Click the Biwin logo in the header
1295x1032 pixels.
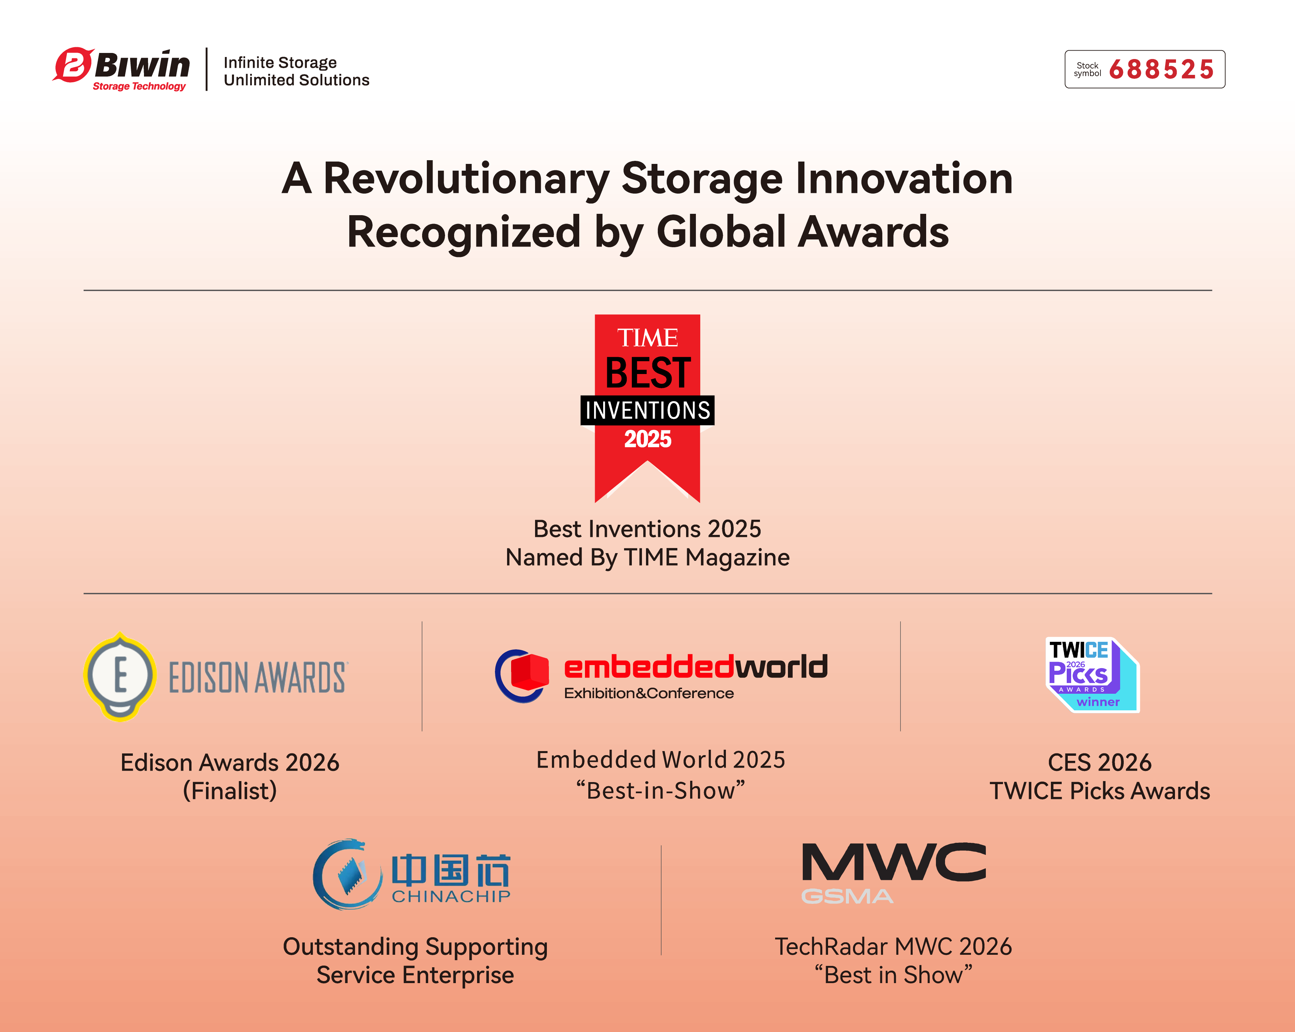121,69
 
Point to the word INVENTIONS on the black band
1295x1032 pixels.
647,410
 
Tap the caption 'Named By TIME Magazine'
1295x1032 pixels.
647,557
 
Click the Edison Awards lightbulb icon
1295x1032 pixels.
120,677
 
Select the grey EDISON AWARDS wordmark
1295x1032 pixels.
258,678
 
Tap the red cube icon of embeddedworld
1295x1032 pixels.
529,671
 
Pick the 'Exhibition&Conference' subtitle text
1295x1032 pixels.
649,693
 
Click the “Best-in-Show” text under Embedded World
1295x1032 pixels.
661,791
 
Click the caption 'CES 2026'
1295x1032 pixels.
1100,762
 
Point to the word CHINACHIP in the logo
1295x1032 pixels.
451,896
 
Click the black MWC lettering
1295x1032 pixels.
894,862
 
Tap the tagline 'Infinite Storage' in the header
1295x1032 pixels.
280,62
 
